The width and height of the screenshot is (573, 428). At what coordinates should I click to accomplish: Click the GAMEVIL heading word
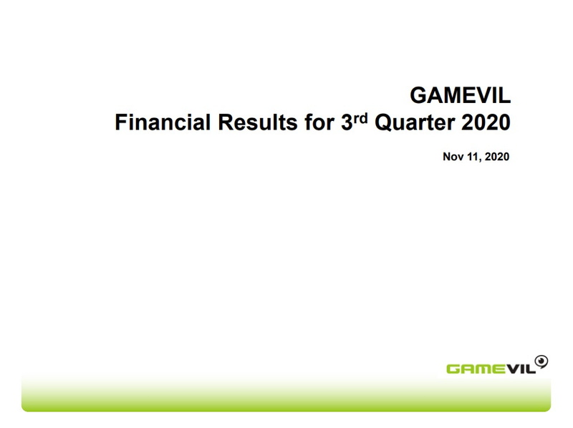pyautogui.click(x=460, y=95)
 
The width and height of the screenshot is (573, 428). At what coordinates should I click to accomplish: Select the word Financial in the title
pyautogui.click(x=163, y=122)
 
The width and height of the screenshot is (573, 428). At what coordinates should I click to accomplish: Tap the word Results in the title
pyautogui.click(x=258, y=122)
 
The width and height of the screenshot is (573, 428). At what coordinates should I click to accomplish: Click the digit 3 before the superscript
pyautogui.click(x=347, y=122)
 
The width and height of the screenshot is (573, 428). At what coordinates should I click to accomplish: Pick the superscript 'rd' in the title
pyautogui.click(x=360, y=118)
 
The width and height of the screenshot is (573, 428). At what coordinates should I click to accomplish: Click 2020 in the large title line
pyautogui.click(x=486, y=122)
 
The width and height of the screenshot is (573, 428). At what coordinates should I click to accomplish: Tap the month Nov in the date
pyautogui.click(x=453, y=157)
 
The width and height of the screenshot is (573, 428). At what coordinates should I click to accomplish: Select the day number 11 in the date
pyautogui.click(x=473, y=157)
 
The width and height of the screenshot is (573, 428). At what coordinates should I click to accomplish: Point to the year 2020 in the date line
pyautogui.click(x=497, y=157)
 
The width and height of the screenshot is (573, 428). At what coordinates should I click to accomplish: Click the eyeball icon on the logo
pyautogui.click(x=541, y=361)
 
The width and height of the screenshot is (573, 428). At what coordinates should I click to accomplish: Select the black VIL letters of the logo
pyautogui.click(x=521, y=369)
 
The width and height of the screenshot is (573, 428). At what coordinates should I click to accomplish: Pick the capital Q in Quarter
pyautogui.click(x=383, y=122)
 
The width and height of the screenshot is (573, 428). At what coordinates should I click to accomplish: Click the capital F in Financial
pyautogui.click(x=120, y=122)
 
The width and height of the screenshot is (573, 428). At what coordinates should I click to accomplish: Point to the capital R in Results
pyautogui.click(x=226, y=122)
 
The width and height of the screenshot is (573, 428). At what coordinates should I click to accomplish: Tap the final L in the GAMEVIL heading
pyautogui.click(x=505, y=95)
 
